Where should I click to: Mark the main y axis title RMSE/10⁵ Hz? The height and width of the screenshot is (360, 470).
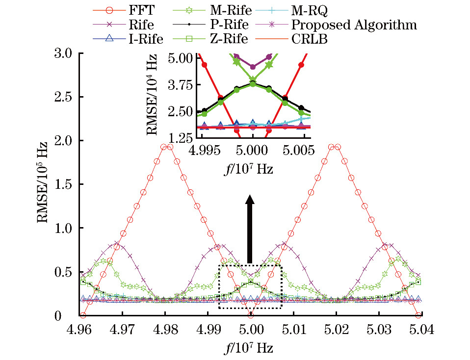[x=43, y=184]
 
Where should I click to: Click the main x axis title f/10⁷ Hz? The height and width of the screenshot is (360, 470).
[x=250, y=349]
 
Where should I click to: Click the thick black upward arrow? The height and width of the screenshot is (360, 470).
[x=250, y=229]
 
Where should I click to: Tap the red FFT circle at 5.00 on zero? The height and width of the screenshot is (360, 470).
[x=250, y=315]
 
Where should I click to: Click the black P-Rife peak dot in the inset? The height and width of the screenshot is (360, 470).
[x=253, y=83]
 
